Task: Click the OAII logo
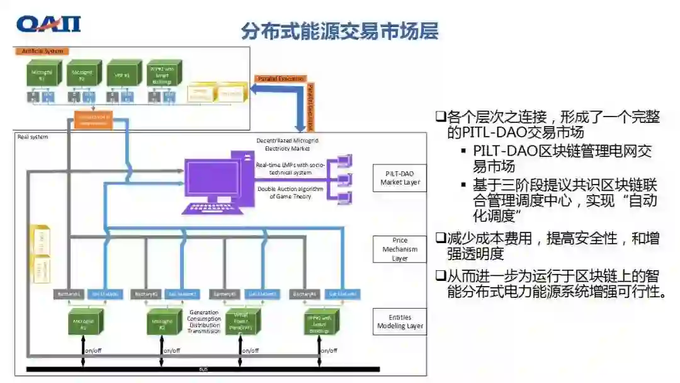[48, 25]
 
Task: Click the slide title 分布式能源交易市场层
[339, 30]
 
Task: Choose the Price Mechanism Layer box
[400, 249]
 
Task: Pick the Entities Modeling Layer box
[400, 321]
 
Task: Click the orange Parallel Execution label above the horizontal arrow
[281, 79]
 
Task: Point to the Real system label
[33, 136]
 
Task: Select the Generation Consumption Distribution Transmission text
[205, 321]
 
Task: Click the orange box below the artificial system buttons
[93, 119]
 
